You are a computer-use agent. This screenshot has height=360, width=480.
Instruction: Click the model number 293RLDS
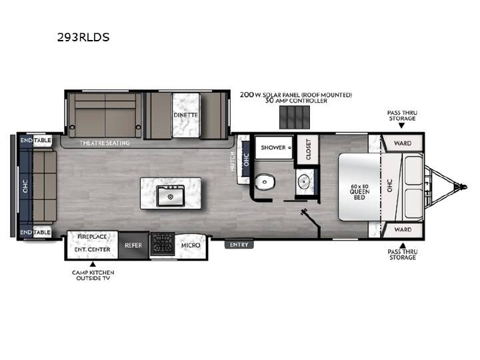[x=83, y=37]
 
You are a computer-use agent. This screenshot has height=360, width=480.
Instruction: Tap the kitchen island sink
[x=171, y=196]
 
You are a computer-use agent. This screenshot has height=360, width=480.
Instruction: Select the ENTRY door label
[x=239, y=245]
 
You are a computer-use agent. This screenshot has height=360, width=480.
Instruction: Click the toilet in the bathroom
[x=264, y=183]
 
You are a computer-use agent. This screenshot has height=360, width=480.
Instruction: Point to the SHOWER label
[x=273, y=147]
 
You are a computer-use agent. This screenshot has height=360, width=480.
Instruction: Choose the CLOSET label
[x=308, y=149]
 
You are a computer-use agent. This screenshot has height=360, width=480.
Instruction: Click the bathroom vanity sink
[x=304, y=182]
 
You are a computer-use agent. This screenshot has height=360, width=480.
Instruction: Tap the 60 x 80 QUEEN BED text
[x=359, y=192]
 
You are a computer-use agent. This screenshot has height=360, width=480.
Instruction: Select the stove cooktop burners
[x=162, y=244]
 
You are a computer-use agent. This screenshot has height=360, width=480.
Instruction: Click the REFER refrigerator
[x=133, y=245]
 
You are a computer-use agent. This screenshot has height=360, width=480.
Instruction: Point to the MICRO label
[x=191, y=245]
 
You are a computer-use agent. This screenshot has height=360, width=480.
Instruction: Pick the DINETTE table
[x=186, y=115]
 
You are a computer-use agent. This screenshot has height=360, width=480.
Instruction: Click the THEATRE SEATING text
[x=105, y=143]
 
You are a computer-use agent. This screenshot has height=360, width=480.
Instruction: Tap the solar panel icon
[x=295, y=117]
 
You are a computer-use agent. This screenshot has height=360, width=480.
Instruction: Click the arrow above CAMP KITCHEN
[x=93, y=264]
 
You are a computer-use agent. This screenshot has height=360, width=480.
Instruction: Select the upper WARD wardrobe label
[x=403, y=143]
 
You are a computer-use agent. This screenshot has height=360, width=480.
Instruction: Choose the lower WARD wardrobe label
[x=403, y=229]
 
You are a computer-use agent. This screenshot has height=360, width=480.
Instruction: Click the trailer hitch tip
[x=465, y=187]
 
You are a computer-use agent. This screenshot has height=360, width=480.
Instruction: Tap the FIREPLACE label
[x=92, y=237]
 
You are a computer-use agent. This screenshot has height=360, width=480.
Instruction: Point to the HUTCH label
[x=233, y=161]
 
